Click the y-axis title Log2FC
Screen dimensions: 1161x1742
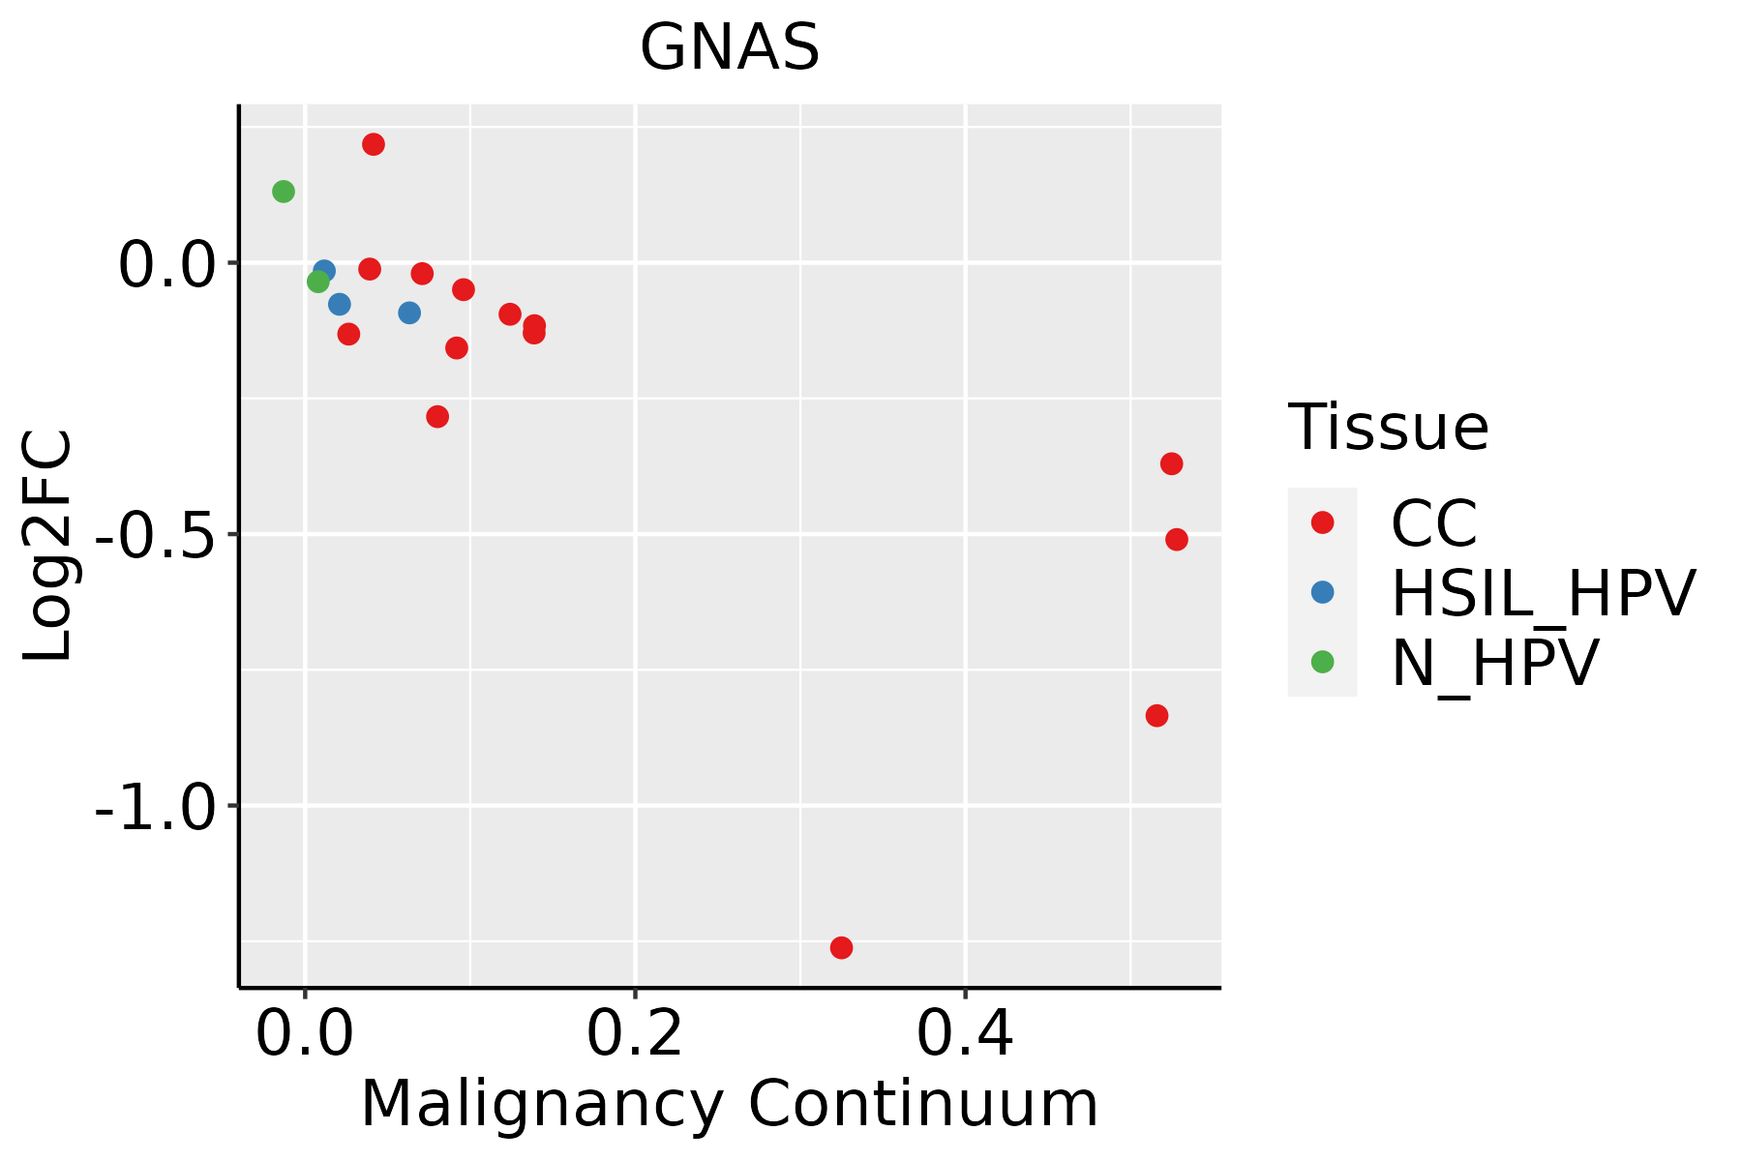point(48,546)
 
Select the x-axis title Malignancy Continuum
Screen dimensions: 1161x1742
point(730,1105)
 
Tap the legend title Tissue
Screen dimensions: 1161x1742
point(1388,427)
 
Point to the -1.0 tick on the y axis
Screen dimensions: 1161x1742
point(155,806)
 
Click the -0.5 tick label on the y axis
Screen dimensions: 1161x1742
point(155,534)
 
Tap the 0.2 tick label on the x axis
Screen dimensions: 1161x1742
point(635,1034)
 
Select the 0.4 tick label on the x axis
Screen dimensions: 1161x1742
point(965,1034)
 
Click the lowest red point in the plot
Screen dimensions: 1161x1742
point(841,947)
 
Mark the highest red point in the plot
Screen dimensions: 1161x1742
point(374,144)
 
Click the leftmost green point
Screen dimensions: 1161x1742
point(283,192)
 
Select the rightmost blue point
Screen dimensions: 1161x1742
point(409,313)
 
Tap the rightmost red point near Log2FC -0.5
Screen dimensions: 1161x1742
point(1177,539)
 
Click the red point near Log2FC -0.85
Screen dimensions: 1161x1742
point(1156,716)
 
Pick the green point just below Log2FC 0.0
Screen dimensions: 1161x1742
point(317,282)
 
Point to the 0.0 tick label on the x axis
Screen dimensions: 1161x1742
point(305,1034)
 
